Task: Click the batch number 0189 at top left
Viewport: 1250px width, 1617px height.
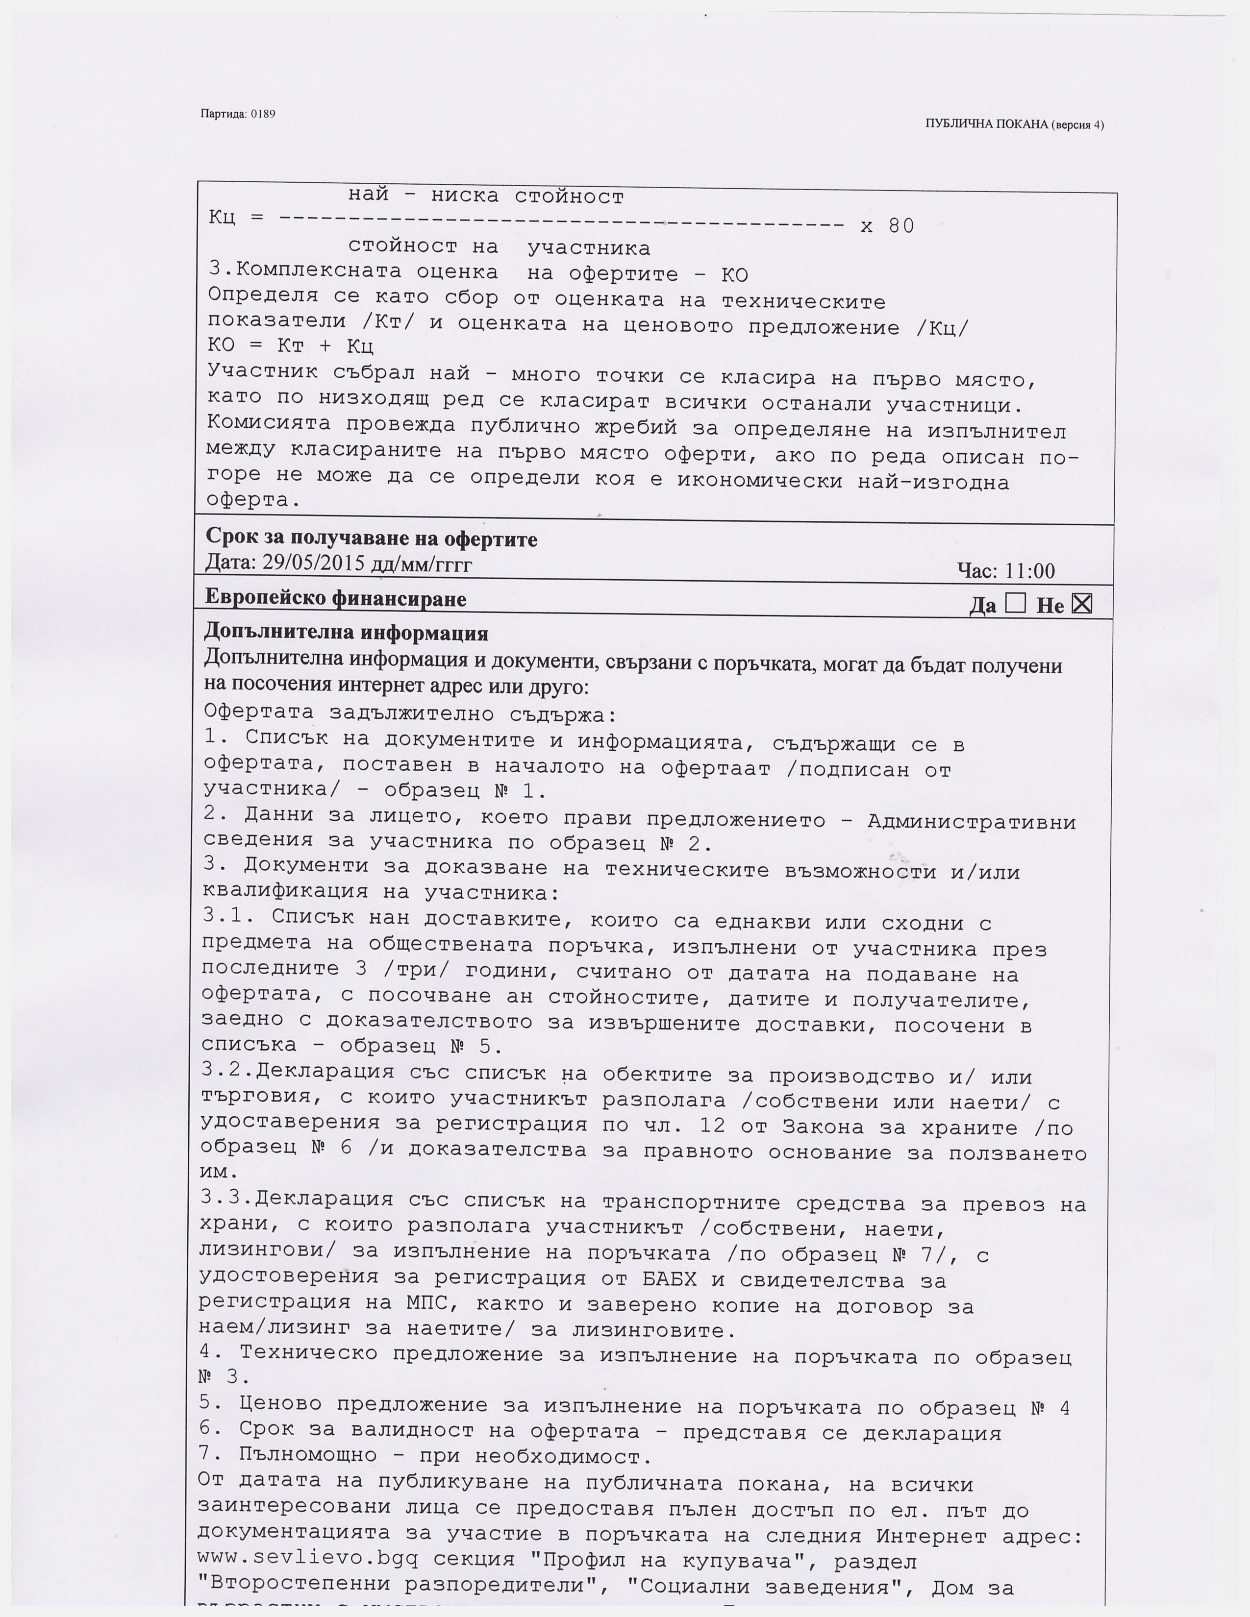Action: [x=263, y=114]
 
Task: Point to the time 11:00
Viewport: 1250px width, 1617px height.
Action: [x=1030, y=571]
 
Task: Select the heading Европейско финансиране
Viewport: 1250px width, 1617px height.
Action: [x=335, y=598]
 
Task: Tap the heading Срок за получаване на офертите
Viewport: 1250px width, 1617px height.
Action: [x=371, y=538]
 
